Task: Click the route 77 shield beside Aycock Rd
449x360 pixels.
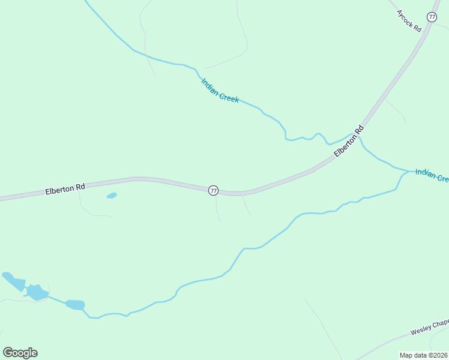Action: pyautogui.click(x=432, y=16)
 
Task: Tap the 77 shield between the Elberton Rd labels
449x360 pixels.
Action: pyautogui.click(x=213, y=190)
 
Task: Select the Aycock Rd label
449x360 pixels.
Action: pyautogui.click(x=410, y=22)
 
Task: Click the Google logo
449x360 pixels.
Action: pyautogui.click(x=20, y=353)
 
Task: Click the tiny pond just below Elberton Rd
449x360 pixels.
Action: pyautogui.click(x=112, y=196)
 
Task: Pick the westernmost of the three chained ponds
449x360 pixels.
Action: pyautogui.click(x=14, y=281)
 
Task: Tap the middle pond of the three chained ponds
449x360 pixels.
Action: pyautogui.click(x=37, y=293)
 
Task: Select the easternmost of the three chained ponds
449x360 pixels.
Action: pyautogui.click(x=75, y=305)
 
